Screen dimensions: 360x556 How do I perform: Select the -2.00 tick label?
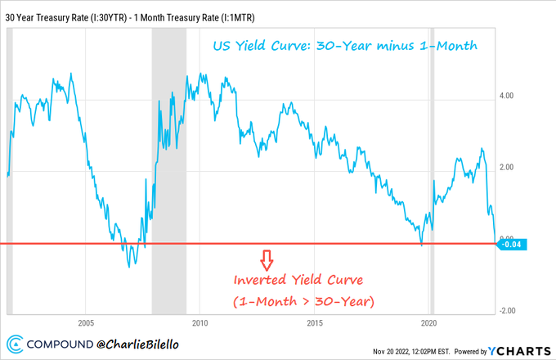click(x=505, y=311)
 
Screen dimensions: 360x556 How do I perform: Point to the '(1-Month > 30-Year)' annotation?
click(x=304, y=301)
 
